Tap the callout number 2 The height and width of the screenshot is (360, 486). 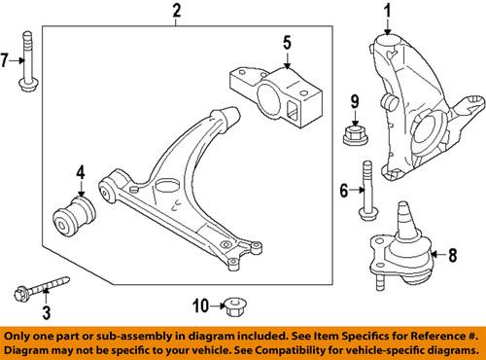tap(176, 12)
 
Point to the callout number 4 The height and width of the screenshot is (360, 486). tap(81, 176)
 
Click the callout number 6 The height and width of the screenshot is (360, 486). tap(342, 193)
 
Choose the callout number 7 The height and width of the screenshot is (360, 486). tap(7, 61)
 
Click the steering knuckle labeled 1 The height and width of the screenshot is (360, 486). tap(413, 107)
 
